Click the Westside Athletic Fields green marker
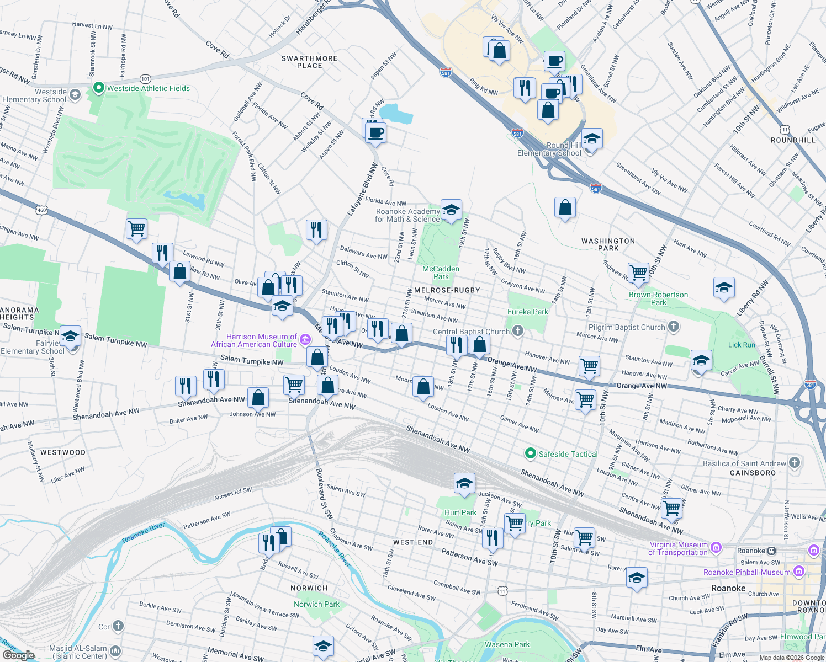click(x=99, y=88)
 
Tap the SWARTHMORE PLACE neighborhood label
click(x=309, y=62)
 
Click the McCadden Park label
click(x=441, y=273)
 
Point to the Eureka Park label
click(x=527, y=312)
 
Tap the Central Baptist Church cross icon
click(x=517, y=331)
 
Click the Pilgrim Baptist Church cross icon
click(x=673, y=327)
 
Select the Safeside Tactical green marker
click(x=531, y=453)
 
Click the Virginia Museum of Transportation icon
click(x=716, y=548)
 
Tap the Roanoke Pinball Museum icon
click(x=798, y=572)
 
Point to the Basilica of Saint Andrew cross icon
click(x=795, y=463)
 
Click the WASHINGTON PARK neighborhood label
click(x=608, y=244)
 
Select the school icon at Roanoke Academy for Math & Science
click(x=451, y=210)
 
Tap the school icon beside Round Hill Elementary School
click(x=591, y=139)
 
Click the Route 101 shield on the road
click(x=145, y=79)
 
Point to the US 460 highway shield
click(x=41, y=210)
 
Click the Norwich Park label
click(x=316, y=604)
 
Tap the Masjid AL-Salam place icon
click(x=115, y=652)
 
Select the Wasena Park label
click(x=507, y=644)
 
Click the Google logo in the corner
click(x=18, y=655)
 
